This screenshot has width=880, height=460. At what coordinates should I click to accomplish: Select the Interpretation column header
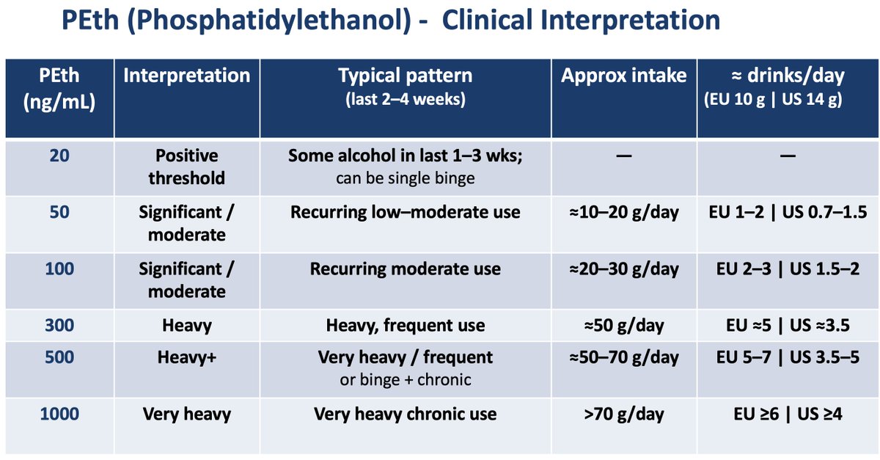pos(186,76)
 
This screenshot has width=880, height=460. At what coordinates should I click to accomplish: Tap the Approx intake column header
pos(623,76)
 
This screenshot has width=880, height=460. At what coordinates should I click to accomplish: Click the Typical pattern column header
pos(405,76)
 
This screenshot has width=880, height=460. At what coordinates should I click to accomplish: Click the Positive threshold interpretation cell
pos(186,167)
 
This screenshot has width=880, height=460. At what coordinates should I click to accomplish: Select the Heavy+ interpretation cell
pos(186,357)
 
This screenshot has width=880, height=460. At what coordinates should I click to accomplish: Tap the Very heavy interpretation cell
pos(186,415)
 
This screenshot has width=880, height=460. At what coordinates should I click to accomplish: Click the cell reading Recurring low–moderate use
pos(405,213)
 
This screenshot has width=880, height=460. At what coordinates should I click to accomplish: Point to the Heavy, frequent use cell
pos(405,325)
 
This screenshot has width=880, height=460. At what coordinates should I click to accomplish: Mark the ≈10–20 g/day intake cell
pos(623,213)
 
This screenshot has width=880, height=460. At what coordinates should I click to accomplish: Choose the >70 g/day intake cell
pos(623,415)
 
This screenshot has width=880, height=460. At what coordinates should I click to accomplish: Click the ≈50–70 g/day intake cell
pos(623,357)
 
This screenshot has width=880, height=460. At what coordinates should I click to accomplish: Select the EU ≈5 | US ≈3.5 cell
pos(788,325)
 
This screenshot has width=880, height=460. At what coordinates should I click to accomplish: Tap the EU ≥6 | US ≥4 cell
pos(788,415)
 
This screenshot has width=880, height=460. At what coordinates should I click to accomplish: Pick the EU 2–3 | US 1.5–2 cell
pos(788,269)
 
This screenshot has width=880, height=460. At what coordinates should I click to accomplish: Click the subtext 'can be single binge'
pos(405,178)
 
